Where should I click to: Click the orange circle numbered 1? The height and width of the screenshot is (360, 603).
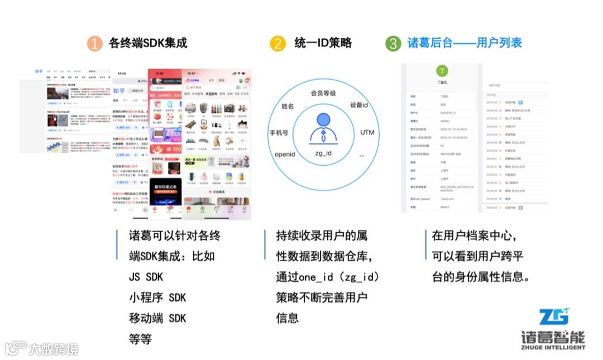pos(95,44)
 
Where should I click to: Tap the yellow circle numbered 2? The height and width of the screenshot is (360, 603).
pos(277,44)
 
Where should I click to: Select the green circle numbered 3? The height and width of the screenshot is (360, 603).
pos(393,44)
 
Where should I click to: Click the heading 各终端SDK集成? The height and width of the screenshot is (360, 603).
pos(148,43)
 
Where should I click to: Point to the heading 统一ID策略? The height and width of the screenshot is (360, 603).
pos(323,43)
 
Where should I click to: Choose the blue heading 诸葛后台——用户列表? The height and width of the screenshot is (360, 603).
pos(465,43)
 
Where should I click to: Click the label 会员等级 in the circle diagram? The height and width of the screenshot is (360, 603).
pos(323,93)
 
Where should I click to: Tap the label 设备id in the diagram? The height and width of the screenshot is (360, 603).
pos(359,105)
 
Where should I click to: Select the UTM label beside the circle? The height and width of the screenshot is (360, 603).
pos(367,132)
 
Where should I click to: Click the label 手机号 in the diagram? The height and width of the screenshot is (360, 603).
pos(279,133)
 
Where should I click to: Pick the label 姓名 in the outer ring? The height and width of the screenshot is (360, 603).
pos(288,106)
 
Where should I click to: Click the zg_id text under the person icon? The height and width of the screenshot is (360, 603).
pos(323,152)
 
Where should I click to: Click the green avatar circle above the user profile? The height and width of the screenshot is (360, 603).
pos(442,71)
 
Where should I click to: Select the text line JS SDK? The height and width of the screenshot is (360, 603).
pos(146,277)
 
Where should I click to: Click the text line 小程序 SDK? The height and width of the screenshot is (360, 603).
pos(157,297)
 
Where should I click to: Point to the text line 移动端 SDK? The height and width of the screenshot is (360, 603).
pos(157,318)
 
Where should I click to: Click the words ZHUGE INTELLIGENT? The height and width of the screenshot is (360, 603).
pos(553,347)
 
